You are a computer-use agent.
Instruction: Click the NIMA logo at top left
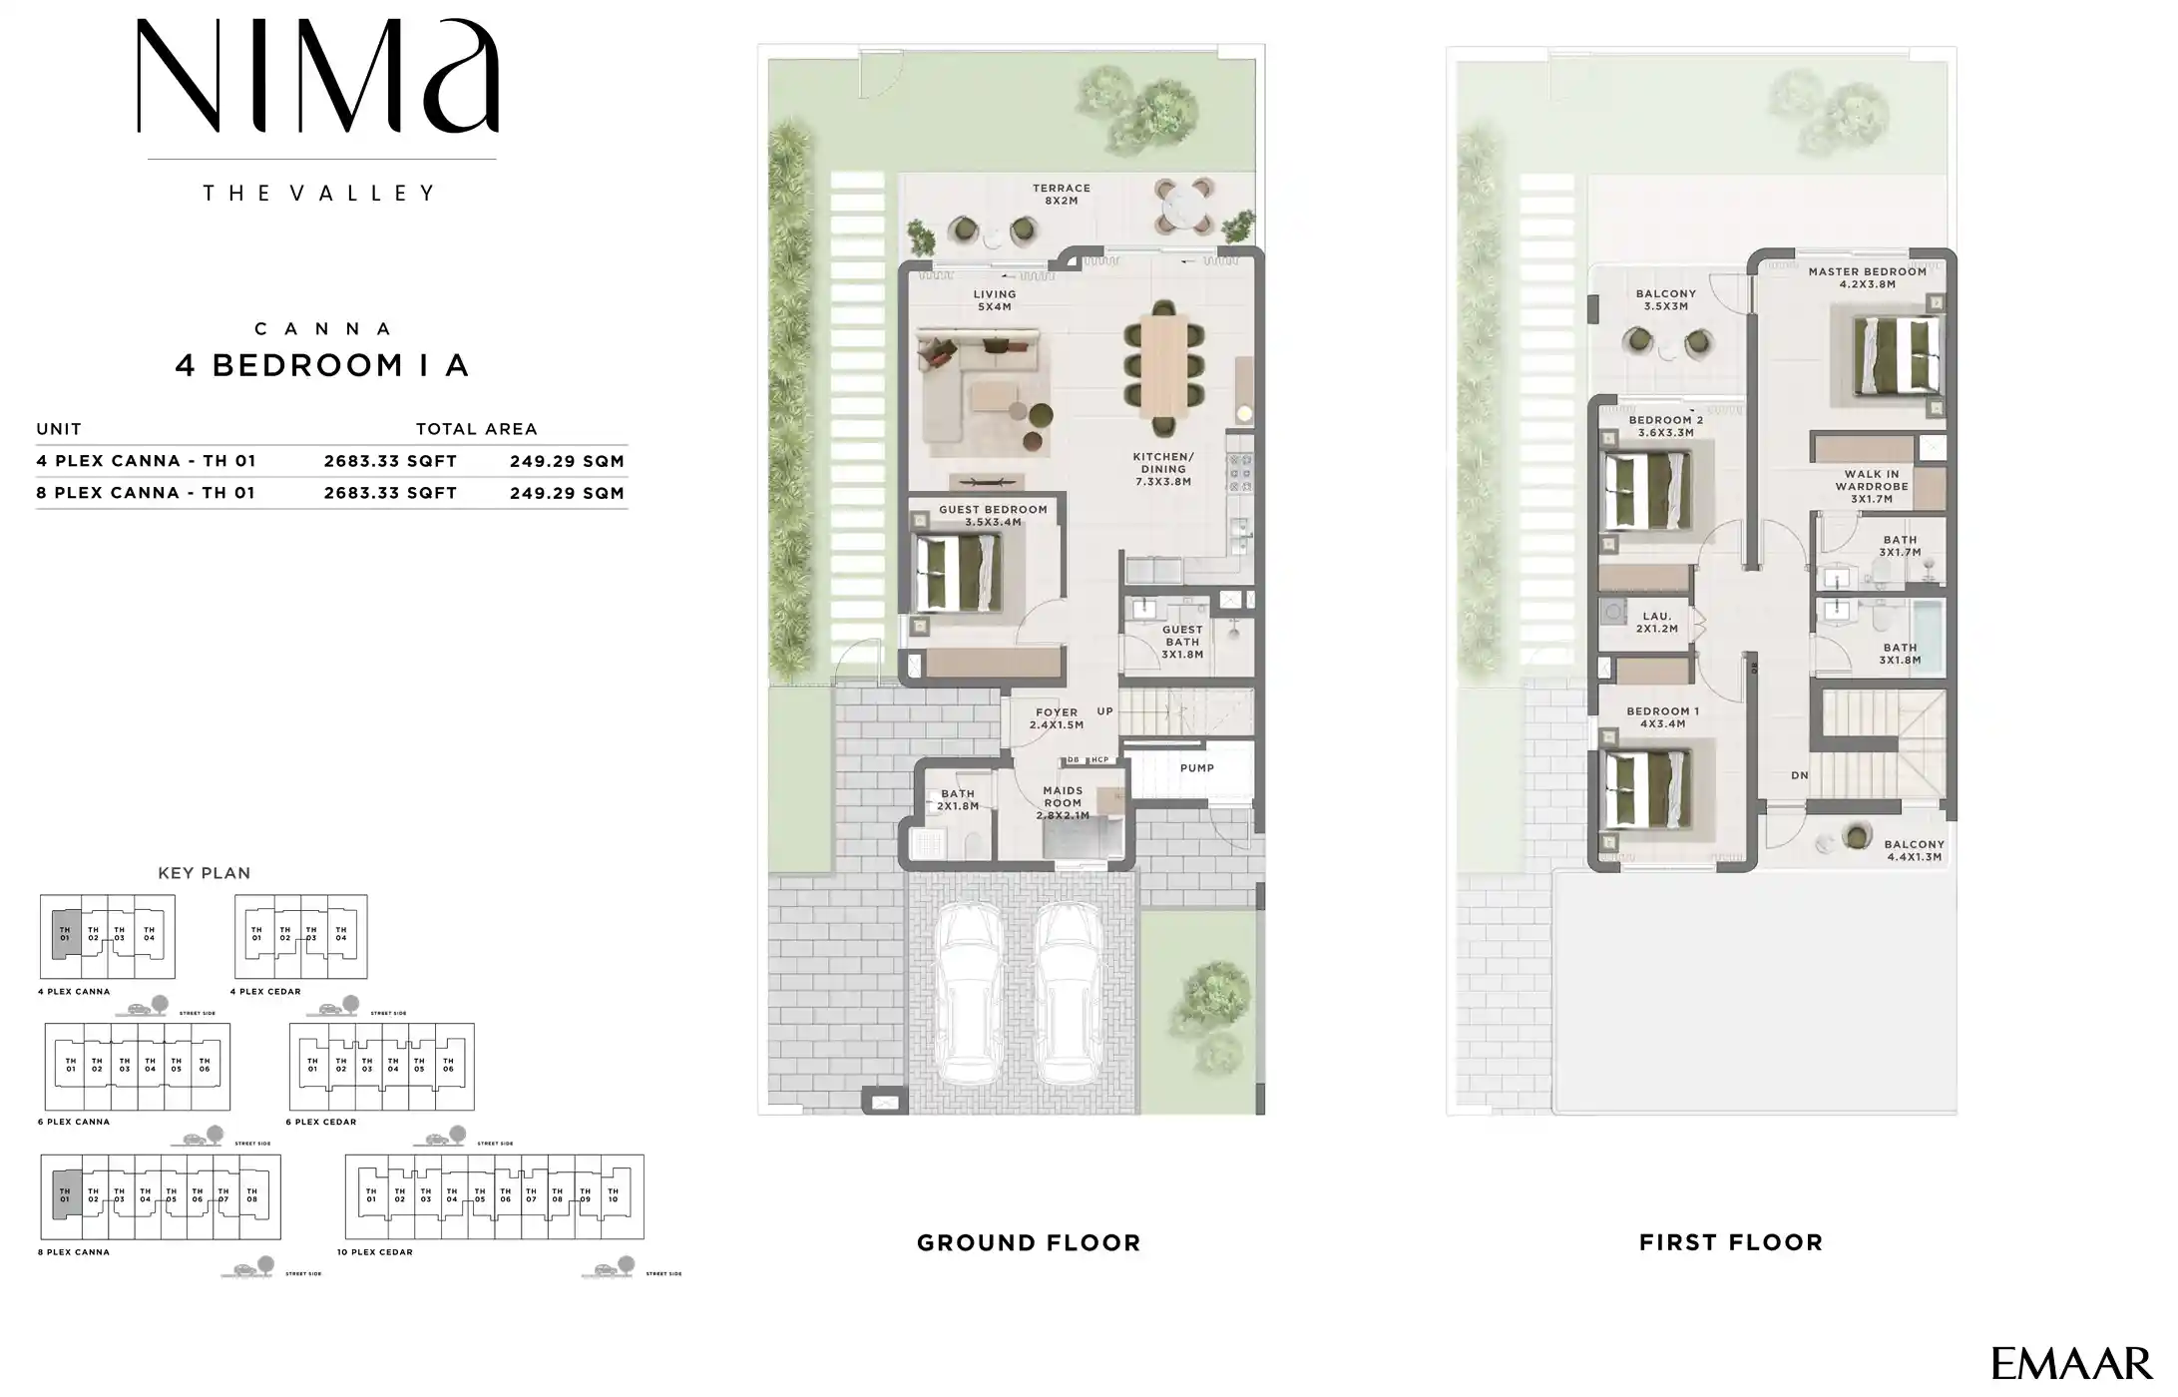tap(317, 78)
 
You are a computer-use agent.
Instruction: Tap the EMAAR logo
tap(2071, 1363)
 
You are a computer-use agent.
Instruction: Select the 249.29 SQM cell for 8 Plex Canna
tap(566, 493)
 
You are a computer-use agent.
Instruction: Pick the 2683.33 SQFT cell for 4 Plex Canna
tap(390, 461)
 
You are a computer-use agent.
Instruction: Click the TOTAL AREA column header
tap(476, 429)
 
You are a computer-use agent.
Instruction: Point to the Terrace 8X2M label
tap(1061, 194)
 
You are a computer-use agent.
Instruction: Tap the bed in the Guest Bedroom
tap(959, 573)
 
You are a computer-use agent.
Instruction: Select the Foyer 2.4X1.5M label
tap(1056, 718)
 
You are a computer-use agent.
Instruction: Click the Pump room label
tap(1196, 768)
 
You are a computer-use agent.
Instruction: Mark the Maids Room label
tap(1063, 802)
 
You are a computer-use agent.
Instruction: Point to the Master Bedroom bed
tap(1896, 356)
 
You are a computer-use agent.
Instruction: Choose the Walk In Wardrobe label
tap(1871, 487)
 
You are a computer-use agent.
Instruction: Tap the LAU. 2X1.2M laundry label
tap(1656, 623)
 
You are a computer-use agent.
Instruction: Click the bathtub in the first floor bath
tap(1929, 636)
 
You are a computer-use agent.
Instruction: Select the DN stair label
tap(1799, 775)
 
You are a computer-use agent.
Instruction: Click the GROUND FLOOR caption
tap(1029, 1243)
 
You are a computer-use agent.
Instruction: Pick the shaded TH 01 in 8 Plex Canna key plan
tap(65, 1193)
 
